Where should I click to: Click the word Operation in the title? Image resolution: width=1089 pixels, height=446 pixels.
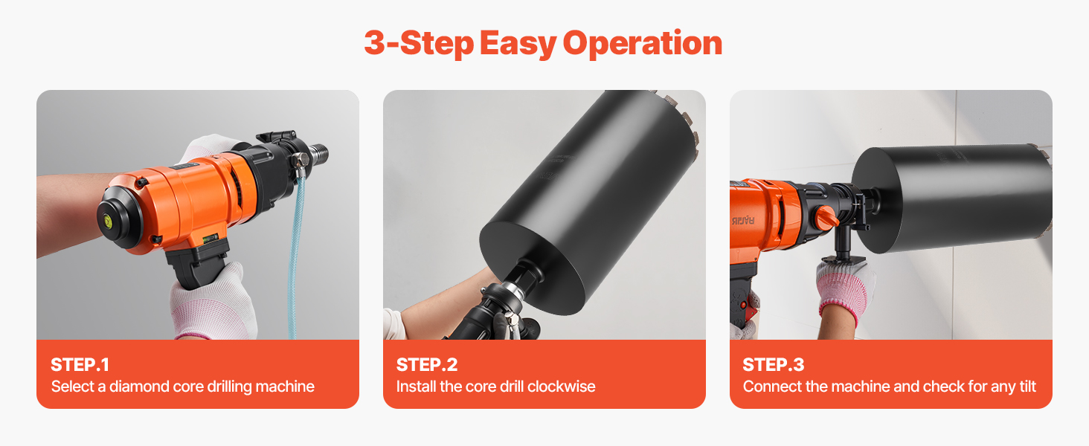tap(642, 44)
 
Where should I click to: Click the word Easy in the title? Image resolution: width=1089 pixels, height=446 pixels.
tap(518, 44)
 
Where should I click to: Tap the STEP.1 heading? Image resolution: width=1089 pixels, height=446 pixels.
tap(80, 365)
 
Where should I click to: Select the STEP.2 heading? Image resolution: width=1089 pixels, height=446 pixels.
tap(427, 365)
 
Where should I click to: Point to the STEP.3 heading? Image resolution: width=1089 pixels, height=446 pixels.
tap(774, 365)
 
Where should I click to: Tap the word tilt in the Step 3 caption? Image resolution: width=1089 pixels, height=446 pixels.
tap(1028, 387)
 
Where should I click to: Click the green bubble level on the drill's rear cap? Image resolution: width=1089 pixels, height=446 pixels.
tap(107, 222)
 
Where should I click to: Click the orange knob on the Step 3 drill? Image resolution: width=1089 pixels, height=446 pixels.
tap(826, 217)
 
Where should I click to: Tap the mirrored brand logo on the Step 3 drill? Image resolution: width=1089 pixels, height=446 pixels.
tap(743, 221)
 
